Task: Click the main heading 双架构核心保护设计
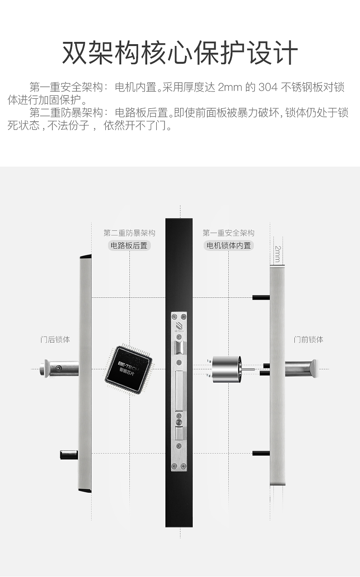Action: pos(180,53)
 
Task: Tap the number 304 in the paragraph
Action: pos(268,87)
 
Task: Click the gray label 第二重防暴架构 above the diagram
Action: pos(129,233)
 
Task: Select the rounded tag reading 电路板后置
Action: pos(129,245)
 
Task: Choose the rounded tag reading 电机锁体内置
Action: pos(229,245)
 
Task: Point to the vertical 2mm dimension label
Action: pos(277,253)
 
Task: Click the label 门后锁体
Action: pos(55,340)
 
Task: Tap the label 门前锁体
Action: pos(309,340)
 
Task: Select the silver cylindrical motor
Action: pos(228,368)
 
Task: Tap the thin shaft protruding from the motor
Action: pos(250,368)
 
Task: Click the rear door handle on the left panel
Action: pos(58,368)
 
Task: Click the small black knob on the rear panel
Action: pos(69,454)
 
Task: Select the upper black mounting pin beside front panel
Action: pos(261,297)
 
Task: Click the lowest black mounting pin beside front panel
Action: pos(261,453)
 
